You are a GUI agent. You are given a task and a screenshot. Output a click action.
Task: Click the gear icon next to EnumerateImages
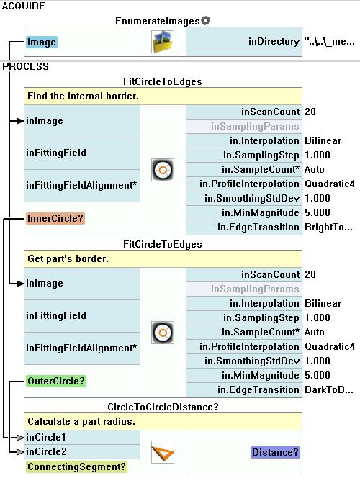tap(206, 20)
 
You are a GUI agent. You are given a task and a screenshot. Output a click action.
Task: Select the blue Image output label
tap(42, 42)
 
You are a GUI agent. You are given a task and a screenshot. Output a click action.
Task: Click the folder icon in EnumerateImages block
tap(163, 42)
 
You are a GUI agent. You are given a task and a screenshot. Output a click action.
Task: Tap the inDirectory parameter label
tap(274, 42)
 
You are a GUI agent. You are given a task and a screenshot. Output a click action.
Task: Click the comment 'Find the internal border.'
tap(83, 96)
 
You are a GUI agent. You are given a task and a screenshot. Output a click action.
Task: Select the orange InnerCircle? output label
tap(55, 218)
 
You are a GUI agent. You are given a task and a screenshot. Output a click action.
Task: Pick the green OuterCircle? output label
tap(56, 381)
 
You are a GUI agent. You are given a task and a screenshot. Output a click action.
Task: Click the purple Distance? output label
tap(275, 452)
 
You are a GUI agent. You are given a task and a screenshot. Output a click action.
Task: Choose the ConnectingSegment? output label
tap(76, 466)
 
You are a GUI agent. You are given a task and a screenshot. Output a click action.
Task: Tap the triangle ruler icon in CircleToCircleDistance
tap(163, 452)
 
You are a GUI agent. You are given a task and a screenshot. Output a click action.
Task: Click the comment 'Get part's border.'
tap(68, 259)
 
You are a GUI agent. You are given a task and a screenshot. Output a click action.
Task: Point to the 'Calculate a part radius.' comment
tap(81, 421)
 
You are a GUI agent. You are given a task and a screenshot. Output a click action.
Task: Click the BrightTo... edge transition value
tap(328, 227)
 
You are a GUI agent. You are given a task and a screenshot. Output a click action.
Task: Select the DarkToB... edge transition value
tap(329, 389)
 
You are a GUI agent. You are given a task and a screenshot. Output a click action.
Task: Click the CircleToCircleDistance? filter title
tap(163, 407)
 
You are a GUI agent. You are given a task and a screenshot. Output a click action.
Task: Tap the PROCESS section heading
tap(26, 66)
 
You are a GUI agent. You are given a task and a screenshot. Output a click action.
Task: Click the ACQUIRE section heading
tap(24, 6)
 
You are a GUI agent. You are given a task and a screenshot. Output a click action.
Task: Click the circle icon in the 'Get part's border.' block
tap(163, 333)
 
